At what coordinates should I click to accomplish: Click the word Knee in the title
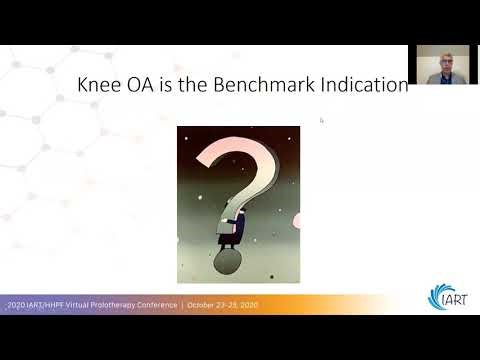(x=100, y=86)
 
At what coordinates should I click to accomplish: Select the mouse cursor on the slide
(x=321, y=120)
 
